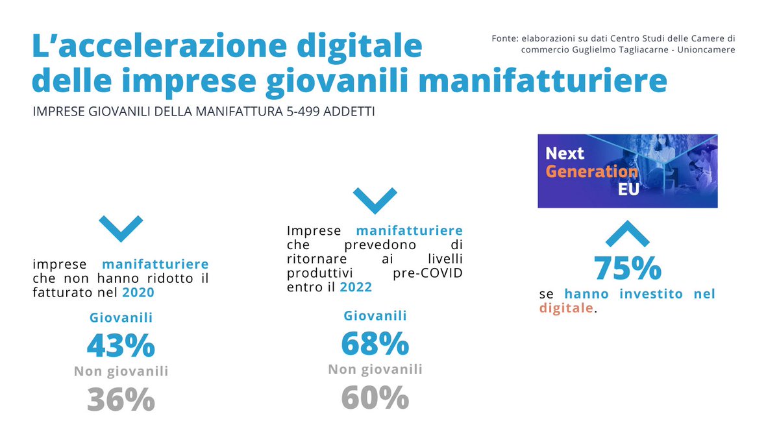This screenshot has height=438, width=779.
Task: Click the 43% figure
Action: click(x=121, y=346)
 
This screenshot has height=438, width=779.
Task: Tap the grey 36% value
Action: click(x=121, y=400)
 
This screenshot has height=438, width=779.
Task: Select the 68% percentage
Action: click(x=375, y=344)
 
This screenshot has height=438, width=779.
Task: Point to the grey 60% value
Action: click(x=375, y=398)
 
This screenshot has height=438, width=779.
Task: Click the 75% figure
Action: click(x=627, y=268)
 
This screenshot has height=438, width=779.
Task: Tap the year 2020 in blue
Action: click(x=138, y=293)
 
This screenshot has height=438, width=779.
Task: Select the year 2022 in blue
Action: click(x=356, y=287)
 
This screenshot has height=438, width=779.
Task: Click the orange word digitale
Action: click(x=566, y=308)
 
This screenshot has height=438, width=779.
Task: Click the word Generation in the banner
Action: click(x=591, y=172)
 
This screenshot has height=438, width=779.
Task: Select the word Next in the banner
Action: click(x=565, y=154)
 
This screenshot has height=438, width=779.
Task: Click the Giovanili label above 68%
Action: click(x=375, y=316)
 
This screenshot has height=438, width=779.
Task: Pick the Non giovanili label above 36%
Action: click(x=121, y=372)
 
